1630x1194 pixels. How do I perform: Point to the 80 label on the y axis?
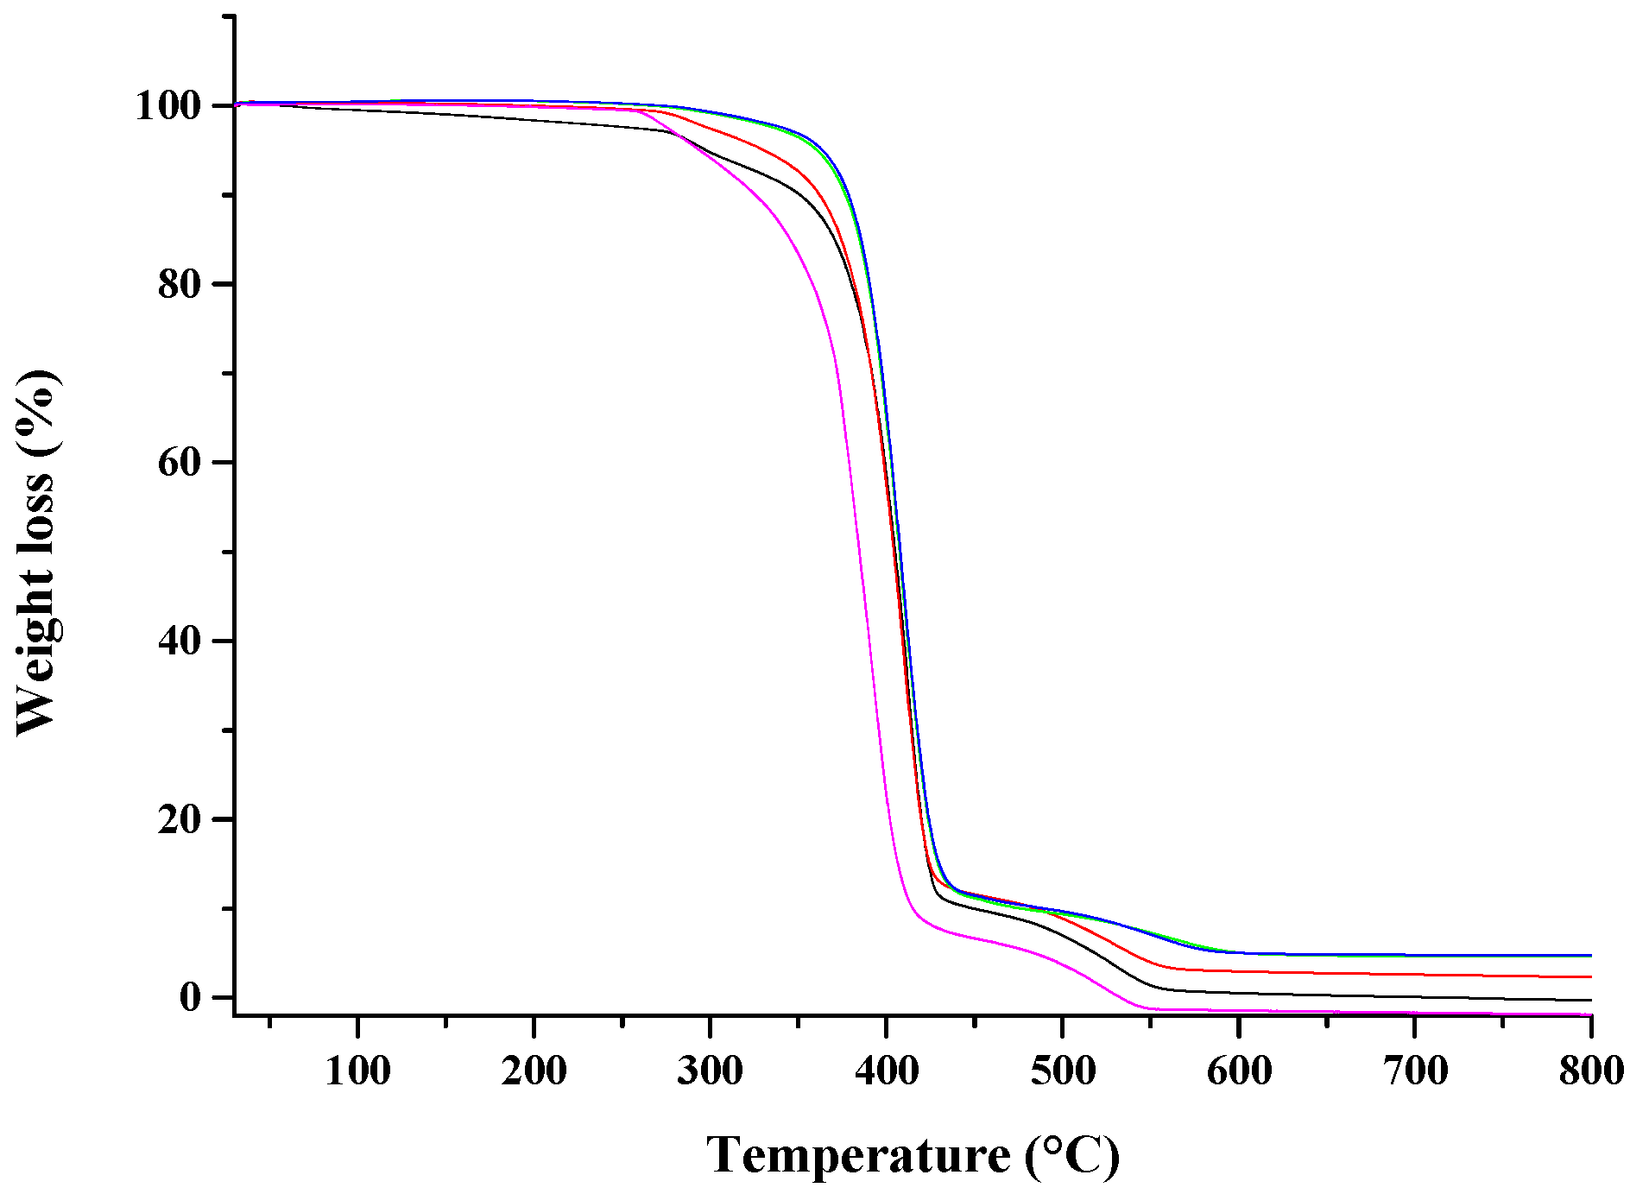coord(180,285)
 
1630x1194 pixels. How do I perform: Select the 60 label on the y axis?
coord(180,464)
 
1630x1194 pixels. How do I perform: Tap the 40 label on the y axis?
coord(180,641)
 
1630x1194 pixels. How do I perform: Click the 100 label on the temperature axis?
coord(357,1071)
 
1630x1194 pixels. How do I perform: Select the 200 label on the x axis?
coord(534,1071)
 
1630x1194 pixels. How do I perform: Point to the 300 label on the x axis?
coord(710,1071)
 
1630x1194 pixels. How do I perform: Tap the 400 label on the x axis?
coord(887,1071)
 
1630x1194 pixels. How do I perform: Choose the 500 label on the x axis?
coord(1063,1071)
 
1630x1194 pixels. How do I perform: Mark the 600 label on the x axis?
coord(1239,1071)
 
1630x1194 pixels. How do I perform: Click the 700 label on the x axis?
coord(1415,1071)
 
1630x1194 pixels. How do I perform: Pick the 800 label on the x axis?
coord(1591,1071)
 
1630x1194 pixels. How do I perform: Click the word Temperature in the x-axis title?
coord(858,1155)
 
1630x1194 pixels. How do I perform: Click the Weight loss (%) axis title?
coord(36,553)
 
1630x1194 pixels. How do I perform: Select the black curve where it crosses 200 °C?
coord(534,120)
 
